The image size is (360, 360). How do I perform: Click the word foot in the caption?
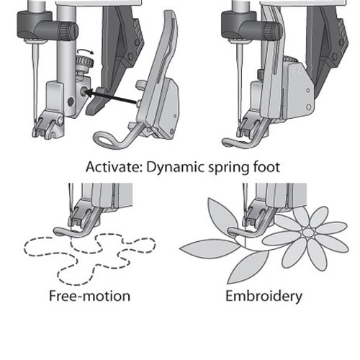[267, 167]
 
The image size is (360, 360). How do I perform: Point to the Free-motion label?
[89, 296]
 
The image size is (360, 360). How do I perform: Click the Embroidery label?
[264, 297]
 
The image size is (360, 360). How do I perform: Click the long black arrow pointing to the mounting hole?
[111, 97]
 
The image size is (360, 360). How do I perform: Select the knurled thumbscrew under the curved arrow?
[84, 63]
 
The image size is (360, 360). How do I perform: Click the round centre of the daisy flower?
[308, 233]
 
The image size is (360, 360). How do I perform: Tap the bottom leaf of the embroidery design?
[247, 267]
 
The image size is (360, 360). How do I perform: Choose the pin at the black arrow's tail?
[138, 104]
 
